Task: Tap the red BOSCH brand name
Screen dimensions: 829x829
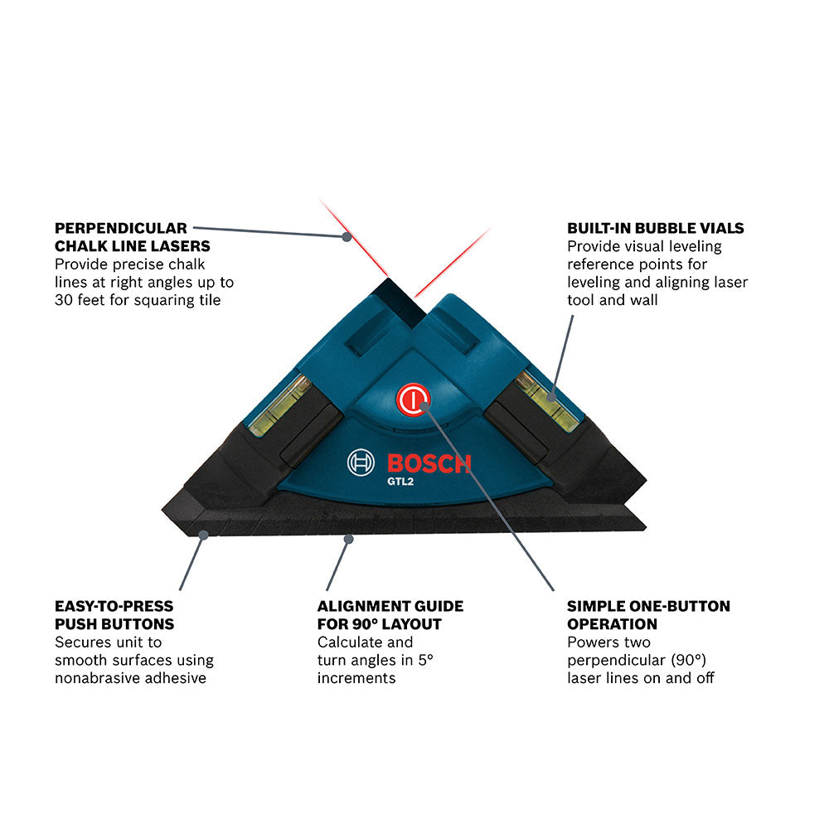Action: coord(428,463)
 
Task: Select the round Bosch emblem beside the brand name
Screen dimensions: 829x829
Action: coord(361,463)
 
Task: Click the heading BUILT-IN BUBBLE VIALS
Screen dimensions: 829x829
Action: coord(655,228)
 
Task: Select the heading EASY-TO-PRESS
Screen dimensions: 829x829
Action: coord(114,606)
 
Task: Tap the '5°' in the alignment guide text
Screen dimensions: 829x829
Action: coord(425,660)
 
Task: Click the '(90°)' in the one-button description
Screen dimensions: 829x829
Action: coord(687,660)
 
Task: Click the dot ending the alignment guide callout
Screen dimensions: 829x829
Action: coord(349,539)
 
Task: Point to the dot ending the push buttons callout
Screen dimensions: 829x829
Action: coord(203,536)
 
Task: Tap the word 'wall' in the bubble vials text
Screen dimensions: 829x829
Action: coord(643,300)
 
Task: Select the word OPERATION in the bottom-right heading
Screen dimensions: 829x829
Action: coord(612,624)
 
